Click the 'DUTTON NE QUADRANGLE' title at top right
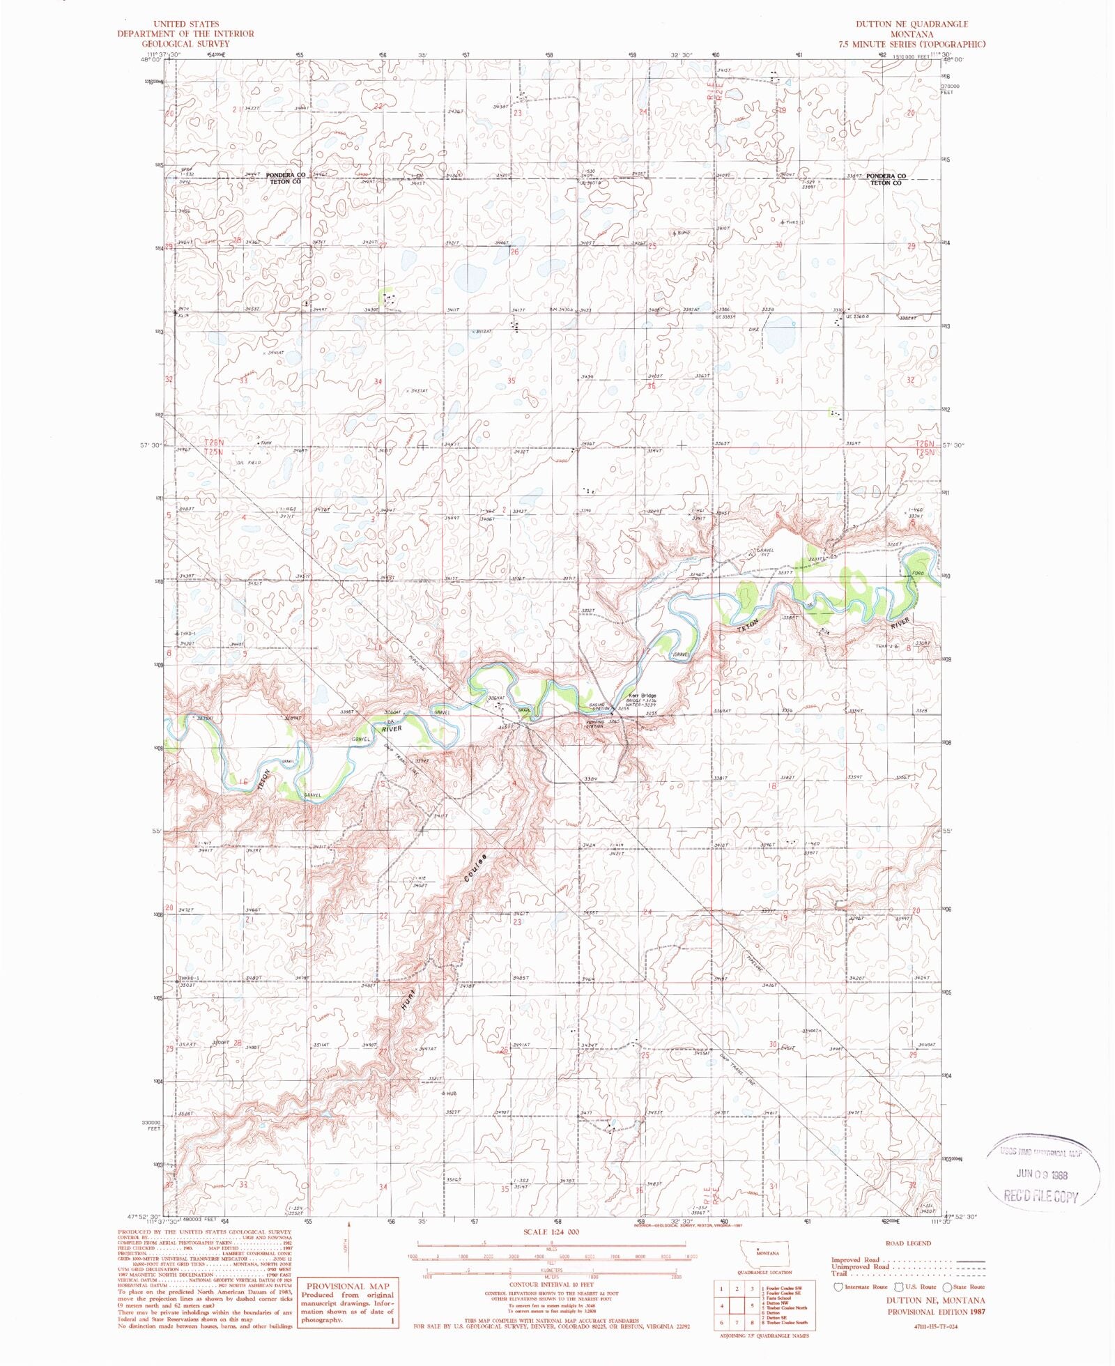[912, 24]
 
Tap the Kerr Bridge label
[643, 696]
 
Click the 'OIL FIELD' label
[249, 463]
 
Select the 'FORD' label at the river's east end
[917, 574]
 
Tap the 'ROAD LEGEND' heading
[907, 1243]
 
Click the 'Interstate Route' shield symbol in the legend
[838, 1287]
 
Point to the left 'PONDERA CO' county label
[286, 176]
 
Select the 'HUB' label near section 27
[452, 1093]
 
